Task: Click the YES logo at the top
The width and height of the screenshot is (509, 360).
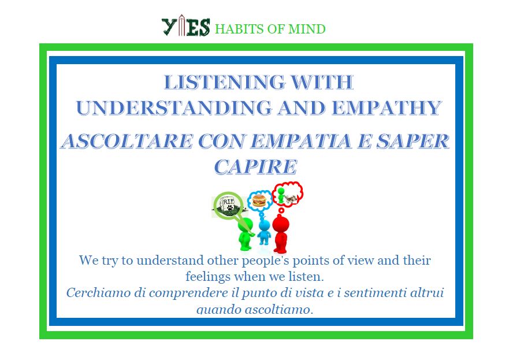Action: pos(185,25)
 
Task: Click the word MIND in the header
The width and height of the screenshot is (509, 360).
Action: pos(307,29)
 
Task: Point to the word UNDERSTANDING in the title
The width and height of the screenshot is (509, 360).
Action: pos(174,108)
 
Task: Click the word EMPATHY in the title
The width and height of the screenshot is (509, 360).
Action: pos(387,108)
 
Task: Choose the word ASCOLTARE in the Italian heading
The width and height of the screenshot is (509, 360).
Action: pos(127,141)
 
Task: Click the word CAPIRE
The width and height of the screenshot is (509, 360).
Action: pos(255,167)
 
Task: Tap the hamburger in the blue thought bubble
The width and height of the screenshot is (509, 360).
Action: pos(259,201)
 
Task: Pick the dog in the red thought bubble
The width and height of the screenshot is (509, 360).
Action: pos(291,198)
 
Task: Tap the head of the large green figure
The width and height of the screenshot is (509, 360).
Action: pos(245,225)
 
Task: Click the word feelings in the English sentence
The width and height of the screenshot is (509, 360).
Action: pos(207,277)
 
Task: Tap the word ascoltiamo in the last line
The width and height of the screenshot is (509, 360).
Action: pos(279,309)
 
